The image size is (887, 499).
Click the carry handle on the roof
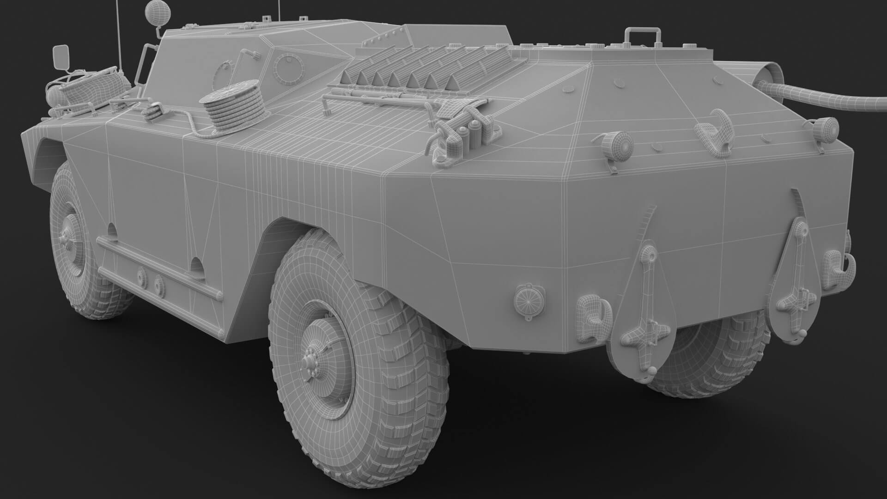[641, 37]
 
